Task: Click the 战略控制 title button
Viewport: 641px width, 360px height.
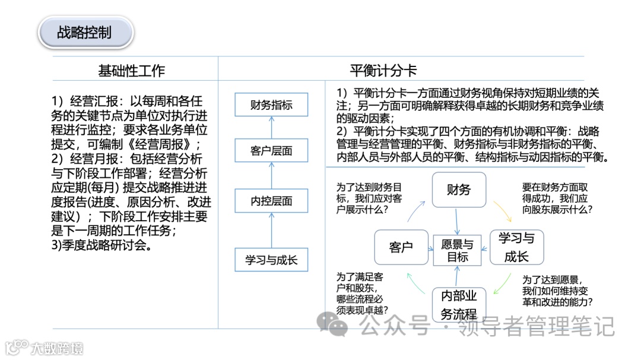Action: coord(84,33)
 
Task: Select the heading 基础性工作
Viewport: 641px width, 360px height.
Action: coord(131,71)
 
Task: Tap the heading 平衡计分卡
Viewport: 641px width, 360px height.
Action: coord(383,71)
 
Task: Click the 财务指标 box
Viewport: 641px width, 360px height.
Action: coord(271,106)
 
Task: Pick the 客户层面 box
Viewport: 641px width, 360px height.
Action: coord(271,151)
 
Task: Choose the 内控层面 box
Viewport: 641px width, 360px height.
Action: coord(271,201)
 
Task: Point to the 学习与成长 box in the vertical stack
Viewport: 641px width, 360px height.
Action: coord(271,259)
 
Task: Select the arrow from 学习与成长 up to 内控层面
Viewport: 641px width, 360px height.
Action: coord(271,231)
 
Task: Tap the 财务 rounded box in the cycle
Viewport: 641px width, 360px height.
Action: coord(459,190)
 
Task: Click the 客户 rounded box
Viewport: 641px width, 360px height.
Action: coord(401,247)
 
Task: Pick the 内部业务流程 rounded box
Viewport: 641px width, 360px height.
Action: coord(459,305)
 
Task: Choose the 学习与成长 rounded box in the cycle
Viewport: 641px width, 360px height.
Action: coord(516,247)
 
